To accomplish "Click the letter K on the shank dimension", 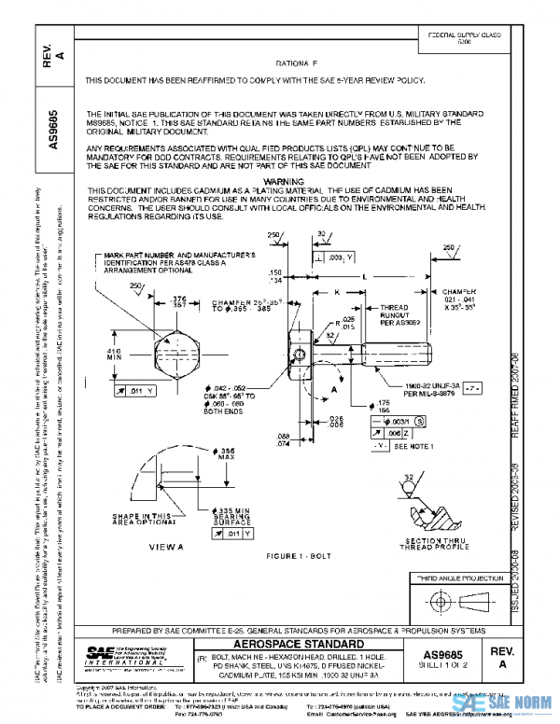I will point(337,292).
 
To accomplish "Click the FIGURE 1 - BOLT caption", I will point(295,554).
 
